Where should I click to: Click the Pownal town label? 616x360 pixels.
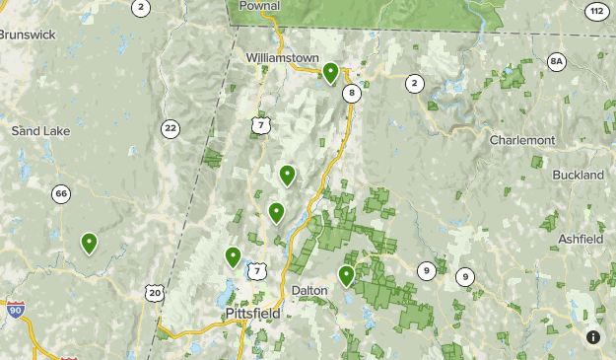[x=259, y=6]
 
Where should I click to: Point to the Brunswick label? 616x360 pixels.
[x=27, y=35]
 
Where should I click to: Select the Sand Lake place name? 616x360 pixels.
[x=36, y=130]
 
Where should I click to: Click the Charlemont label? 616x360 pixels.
[x=522, y=140]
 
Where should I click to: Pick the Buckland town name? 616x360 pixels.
[x=579, y=175]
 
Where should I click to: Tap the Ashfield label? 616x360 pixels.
[x=581, y=240]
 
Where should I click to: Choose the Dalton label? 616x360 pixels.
[x=309, y=290]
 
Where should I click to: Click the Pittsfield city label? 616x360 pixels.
[x=251, y=314]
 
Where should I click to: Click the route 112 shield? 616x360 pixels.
[x=595, y=11]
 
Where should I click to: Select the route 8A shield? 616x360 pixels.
[x=557, y=62]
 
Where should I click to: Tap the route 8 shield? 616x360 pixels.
[x=351, y=94]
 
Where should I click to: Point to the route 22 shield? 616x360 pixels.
[x=171, y=128]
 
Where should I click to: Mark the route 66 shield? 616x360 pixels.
[x=61, y=193]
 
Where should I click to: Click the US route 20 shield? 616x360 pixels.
[x=153, y=292]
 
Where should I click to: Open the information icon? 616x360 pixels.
[x=593, y=337]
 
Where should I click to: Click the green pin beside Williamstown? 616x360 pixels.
[x=330, y=72]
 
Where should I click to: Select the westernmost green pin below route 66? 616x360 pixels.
[x=89, y=243]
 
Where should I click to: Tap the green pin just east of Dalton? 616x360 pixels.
[x=346, y=275]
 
